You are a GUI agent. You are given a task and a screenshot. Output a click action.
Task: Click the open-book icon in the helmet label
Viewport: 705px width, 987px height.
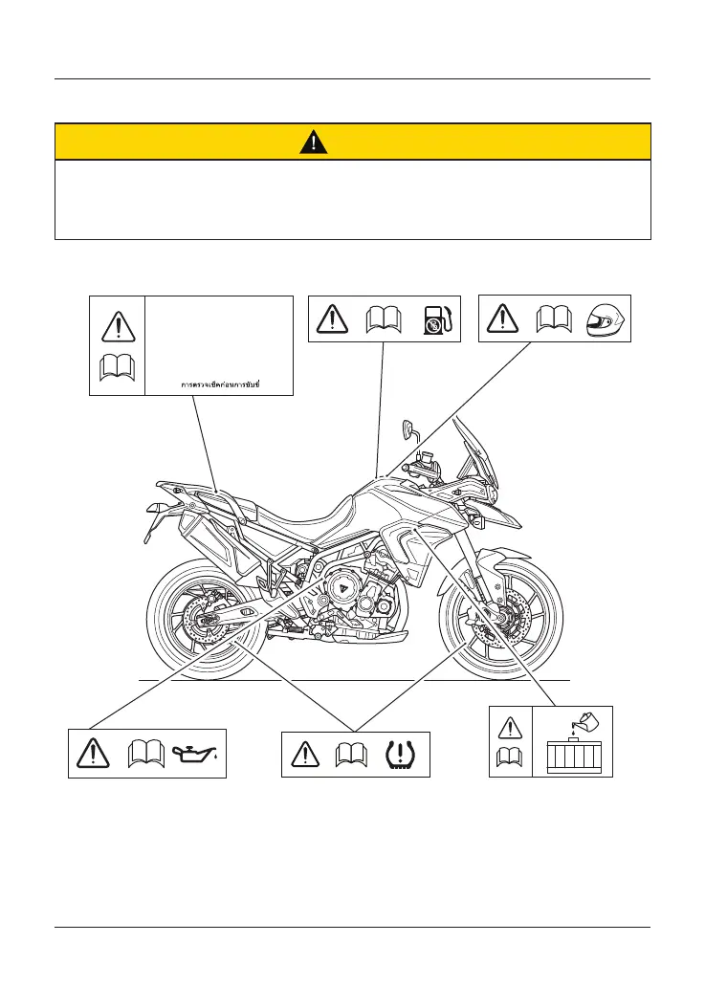[x=555, y=318]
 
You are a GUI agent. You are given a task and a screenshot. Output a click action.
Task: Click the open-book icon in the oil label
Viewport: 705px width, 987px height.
[x=144, y=754]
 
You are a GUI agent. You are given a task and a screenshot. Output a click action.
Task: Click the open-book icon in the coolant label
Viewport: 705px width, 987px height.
[x=510, y=760]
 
